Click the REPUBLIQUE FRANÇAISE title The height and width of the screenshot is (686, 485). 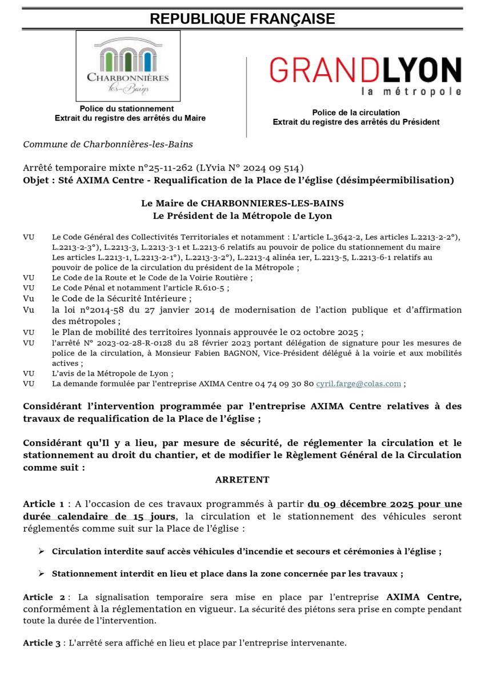(x=242, y=19)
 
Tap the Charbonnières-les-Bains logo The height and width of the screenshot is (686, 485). (x=128, y=66)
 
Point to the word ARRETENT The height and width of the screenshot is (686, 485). (x=242, y=480)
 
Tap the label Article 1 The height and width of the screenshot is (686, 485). (x=43, y=504)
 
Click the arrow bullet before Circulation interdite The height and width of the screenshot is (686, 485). (x=41, y=552)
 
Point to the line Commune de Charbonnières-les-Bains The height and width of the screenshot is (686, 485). (x=108, y=145)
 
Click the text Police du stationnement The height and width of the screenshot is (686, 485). (x=127, y=109)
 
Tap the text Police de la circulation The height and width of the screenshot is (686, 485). (x=356, y=113)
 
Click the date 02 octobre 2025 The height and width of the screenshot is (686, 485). (x=327, y=332)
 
